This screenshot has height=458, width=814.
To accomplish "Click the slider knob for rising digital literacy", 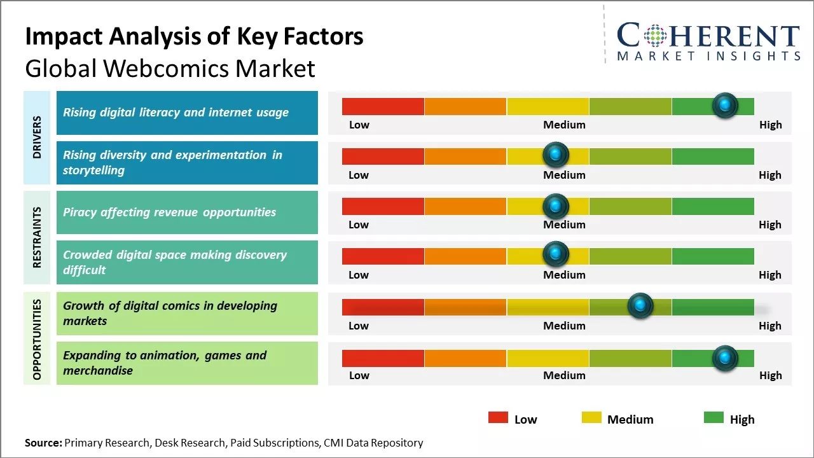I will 724,106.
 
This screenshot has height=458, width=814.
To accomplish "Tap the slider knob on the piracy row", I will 556,205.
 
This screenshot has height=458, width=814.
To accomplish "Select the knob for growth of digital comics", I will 640,306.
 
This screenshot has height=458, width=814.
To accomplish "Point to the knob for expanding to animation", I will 724,359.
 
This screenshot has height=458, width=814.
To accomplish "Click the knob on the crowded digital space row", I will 556,254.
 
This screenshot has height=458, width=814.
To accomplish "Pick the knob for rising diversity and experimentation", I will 556,155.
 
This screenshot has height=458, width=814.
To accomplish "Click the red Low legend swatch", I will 498,418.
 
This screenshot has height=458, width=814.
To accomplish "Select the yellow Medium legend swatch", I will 591,418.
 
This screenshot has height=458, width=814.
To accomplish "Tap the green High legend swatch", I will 714,418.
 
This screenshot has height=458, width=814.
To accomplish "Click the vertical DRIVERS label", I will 37,137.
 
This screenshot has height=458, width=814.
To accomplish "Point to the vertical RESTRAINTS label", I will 37,237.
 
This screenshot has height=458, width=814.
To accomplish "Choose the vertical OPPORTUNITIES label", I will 37,338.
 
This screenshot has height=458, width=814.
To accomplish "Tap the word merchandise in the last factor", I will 98,371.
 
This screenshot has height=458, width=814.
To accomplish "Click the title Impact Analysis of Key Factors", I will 194,37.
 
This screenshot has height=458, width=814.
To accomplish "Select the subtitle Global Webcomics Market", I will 170,68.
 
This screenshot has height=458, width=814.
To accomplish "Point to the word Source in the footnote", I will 43,443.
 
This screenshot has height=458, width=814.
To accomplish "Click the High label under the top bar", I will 770,125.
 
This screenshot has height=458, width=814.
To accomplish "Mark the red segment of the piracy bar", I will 383,206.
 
